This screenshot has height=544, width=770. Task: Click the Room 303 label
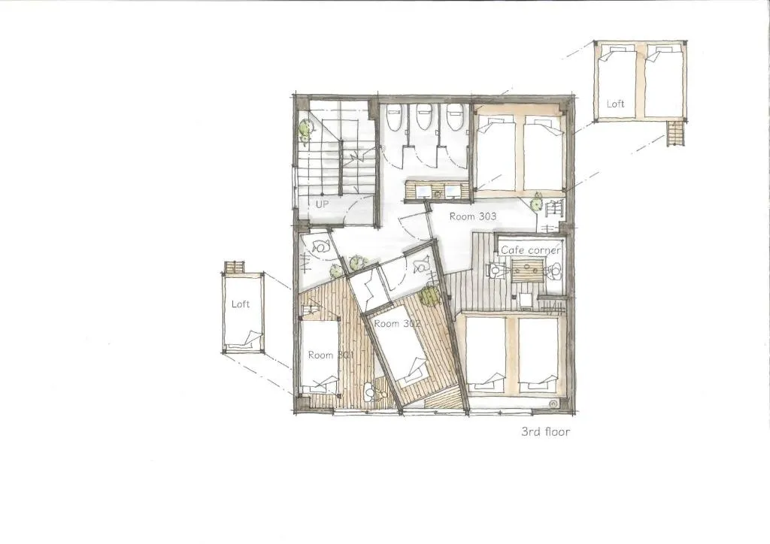pyautogui.click(x=473, y=216)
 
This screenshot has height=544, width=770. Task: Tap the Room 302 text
pyautogui.click(x=397, y=324)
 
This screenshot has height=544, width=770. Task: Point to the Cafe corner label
pyautogui.click(x=530, y=250)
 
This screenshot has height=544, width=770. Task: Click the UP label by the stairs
pyautogui.click(x=322, y=204)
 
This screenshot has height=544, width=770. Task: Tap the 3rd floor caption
pyautogui.click(x=546, y=432)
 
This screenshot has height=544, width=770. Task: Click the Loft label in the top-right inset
pyautogui.click(x=615, y=104)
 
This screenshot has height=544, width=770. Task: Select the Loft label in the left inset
pyautogui.click(x=241, y=304)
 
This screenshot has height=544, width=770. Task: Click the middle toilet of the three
pyautogui.click(x=424, y=117)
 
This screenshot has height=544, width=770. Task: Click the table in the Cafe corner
pyautogui.click(x=528, y=270)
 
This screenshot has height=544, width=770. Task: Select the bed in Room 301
pyautogui.click(x=320, y=357)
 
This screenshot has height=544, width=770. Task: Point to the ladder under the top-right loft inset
pyautogui.click(x=675, y=134)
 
